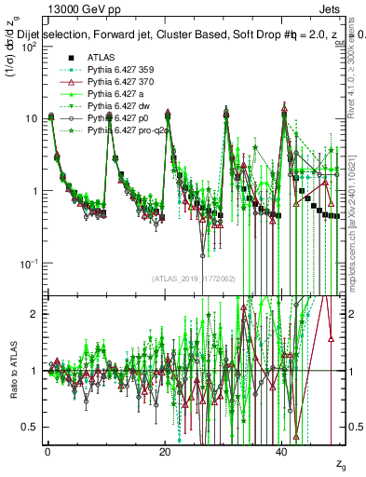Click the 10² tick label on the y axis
click(28, 47)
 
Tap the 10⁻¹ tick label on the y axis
click(28, 264)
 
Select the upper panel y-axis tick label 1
click(34, 191)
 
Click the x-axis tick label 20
click(165, 452)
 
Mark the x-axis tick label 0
click(47, 452)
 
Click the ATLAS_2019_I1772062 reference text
click(193, 278)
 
